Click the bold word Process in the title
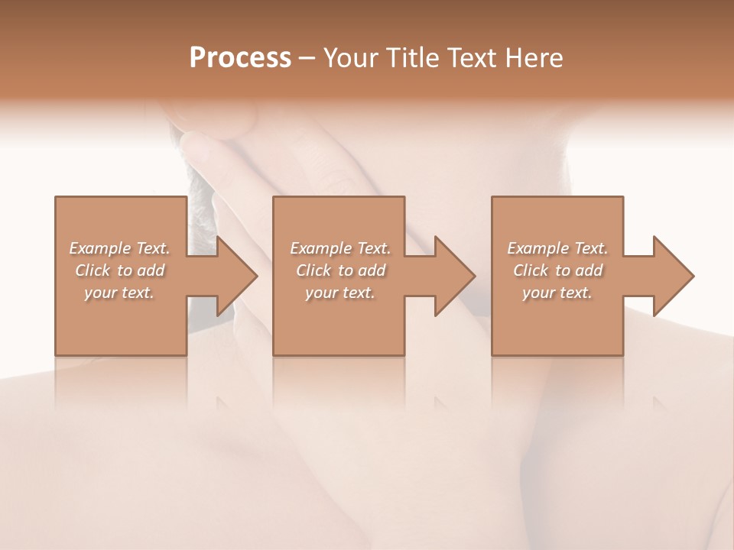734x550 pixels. coord(240,58)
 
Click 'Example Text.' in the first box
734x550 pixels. coord(119,248)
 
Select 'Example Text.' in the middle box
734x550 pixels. coord(340,248)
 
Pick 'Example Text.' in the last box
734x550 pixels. coord(557,248)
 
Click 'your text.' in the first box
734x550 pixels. coord(119,293)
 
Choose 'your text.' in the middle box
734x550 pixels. coord(340,293)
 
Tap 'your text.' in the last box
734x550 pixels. coord(557,293)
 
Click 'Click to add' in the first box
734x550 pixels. coord(119,270)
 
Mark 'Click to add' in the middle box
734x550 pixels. coord(340,270)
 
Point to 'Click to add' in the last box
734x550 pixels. coord(557,270)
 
